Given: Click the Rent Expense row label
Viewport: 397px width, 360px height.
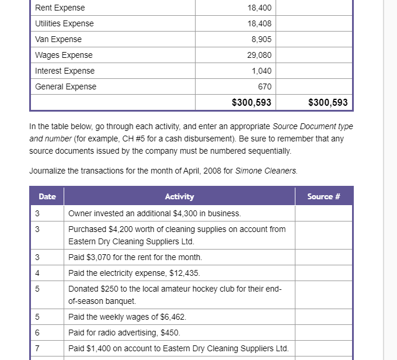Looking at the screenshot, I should (x=60, y=8).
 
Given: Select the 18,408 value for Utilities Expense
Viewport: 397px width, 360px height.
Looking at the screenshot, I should (x=260, y=24).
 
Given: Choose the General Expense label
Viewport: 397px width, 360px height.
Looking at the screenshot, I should (x=65, y=87).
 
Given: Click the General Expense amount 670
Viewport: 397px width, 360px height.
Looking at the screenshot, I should (x=264, y=87).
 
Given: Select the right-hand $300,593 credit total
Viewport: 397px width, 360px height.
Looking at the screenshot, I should (x=328, y=103).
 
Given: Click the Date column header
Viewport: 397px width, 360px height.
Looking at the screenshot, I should (x=47, y=197).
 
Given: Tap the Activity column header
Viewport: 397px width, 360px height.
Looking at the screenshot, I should (x=179, y=197).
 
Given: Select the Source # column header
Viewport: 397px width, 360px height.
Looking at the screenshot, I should (x=323, y=197).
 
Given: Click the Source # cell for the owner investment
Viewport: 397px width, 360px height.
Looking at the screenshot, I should (x=323, y=213).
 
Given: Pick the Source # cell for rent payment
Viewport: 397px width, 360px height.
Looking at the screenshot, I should (x=323, y=257).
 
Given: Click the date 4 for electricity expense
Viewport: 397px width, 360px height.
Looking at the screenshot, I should (x=37, y=273).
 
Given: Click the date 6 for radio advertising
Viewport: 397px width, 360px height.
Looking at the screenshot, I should (x=37, y=333).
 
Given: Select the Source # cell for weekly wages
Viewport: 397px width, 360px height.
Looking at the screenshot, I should (x=323, y=317).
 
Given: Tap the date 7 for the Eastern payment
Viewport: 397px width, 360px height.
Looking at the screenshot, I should (x=37, y=348).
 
